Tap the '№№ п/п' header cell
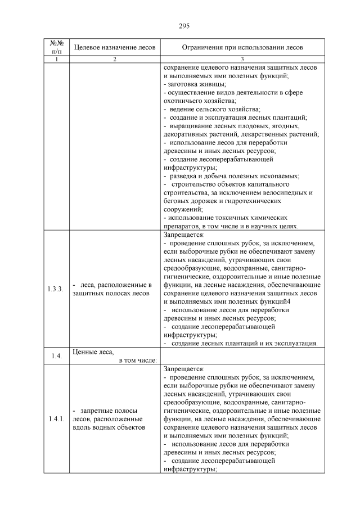[x=56, y=48]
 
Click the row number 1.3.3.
[x=56, y=289]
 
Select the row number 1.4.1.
[x=56, y=419]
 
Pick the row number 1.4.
[x=56, y=356]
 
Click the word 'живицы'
[x=208, y=83]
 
